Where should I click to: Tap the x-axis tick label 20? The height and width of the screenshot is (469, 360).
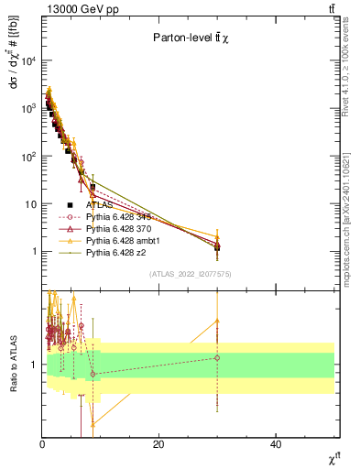click(x=158, y=444)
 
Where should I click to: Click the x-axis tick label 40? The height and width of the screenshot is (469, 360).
click(x=276, y=444)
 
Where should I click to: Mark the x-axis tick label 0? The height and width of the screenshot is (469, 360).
click(x=42, y=444)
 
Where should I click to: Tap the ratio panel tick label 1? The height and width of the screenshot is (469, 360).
click(x=36, y=365)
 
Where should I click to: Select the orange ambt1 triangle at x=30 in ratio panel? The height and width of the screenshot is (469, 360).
click(x=217, y=321)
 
